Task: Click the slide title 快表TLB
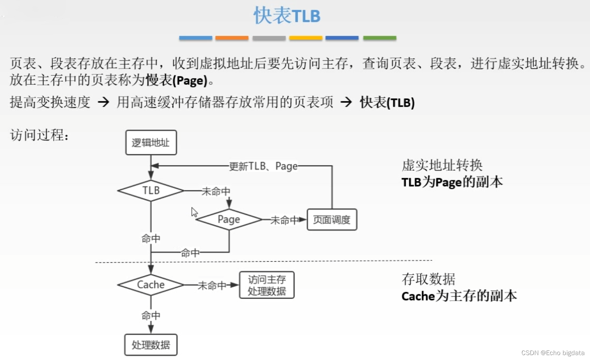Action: (x=287, y=16)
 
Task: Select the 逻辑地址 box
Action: (x=151, y=142)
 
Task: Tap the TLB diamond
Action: (x=151, y=190)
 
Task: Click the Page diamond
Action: (x=229, y=219)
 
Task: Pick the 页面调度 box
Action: (x=332, y=219)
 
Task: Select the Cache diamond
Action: (x=151, y=285)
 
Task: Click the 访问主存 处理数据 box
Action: (x=267, y=285)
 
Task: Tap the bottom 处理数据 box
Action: (x=151, y=345)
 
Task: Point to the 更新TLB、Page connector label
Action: (x=263, y=166)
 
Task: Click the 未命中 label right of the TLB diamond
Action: (x=216, y=191)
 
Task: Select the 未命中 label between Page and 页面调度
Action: (x=284, y=220)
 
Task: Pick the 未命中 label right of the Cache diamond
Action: (x=212, y=286)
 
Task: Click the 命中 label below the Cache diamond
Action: (x=151, y=316)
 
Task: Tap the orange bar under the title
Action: (x=232, y=38)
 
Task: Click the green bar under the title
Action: (x=379, y=38)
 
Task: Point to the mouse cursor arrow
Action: (x=194, y=212)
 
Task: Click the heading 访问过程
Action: (x=39, y=135)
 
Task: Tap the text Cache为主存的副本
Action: (x=459, y=296)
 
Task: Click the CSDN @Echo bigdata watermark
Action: (x=553, y=353)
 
